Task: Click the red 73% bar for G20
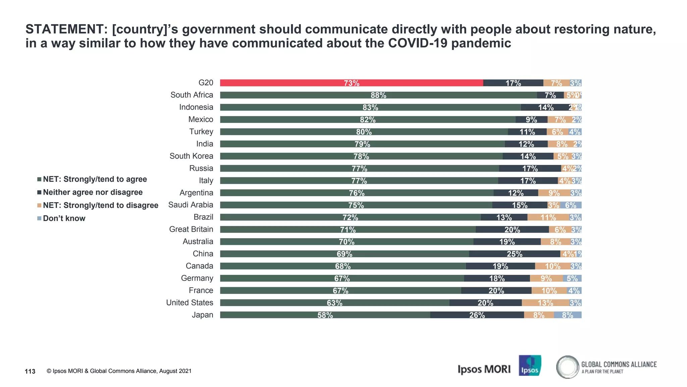[351, 83]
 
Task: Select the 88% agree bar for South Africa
[378, 95]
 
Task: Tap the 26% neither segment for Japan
[477, 315]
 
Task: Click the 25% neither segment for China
[514, 254]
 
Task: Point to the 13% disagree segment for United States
[545, 303]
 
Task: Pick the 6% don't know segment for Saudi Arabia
[570, 205]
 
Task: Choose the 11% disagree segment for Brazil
[548, 217]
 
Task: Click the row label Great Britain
[191, 229]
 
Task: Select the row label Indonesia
[196, 107]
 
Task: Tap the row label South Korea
[191, 156]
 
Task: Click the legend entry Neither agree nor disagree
[93, 192]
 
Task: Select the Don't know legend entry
[64, 219]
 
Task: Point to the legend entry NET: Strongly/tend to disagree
[100, 206]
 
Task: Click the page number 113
[30, 371]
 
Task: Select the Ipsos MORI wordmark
[484, 369]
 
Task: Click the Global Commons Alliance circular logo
[568, 367]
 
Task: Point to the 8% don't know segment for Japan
[568, 315]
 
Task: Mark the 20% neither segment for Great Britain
[512, 230]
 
